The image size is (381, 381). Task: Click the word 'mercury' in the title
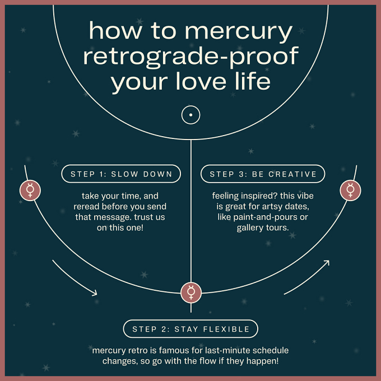click(x=239, y=32)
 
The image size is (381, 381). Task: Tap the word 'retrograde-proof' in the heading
click(x=190, y=57)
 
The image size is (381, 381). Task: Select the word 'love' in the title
click(x=201, y=81)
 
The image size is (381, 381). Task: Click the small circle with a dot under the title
click(x=190, y=115)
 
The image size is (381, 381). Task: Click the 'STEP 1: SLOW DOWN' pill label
click(x=121, y=174)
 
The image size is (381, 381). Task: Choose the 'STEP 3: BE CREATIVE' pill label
click(x=263, y=174)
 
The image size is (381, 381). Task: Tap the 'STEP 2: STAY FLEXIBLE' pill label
click(x=190, y=329)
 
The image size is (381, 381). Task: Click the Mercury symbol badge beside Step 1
click(x=30, y=190)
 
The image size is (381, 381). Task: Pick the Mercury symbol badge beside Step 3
click(x=350, y=190)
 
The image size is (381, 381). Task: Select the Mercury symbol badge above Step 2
click(x=191, y=292)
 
